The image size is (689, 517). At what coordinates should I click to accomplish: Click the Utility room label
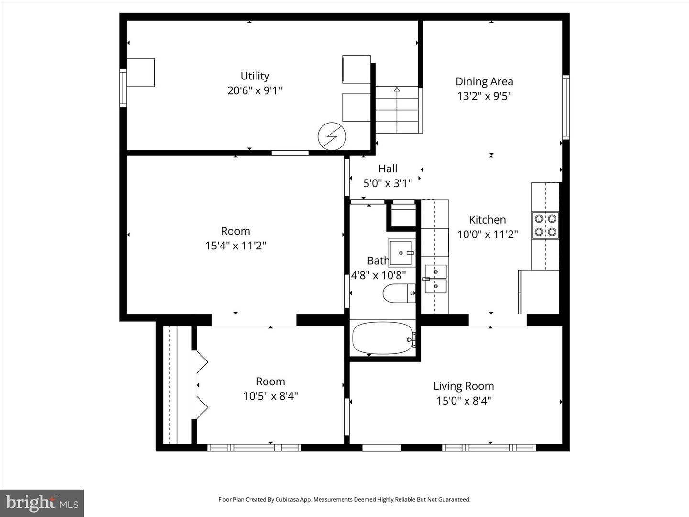(x=255, y=76)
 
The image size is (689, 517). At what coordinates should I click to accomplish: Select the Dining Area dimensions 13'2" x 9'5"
(x=484, y=96)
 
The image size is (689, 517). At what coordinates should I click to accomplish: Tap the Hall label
(x=388, y=169)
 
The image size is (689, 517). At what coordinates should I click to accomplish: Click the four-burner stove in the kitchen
(x=545, y=225)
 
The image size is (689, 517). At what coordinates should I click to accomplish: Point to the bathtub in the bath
(x=383, y=338)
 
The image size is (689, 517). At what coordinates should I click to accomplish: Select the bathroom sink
(x=401, y=252)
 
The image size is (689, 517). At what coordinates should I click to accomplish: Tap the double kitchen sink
(x=435, y=279)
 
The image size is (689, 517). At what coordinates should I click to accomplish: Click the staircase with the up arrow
(x=397, y=110)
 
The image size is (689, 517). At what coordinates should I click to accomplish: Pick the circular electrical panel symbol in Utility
(x=332, y=137)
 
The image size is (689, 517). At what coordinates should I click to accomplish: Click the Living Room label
(x=463, y=386)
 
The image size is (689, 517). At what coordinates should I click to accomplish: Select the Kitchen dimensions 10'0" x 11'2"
(x=487, y=234)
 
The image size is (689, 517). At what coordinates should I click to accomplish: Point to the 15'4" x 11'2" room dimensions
(x=235, y=246)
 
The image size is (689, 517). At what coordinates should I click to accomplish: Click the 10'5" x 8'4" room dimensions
(x=270, y=396)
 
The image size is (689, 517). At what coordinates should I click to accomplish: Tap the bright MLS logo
(x=42, y=503)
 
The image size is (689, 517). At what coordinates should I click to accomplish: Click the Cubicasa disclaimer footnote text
(x=344, y=499)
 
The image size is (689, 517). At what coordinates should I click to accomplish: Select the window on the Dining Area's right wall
(x=566, y=107)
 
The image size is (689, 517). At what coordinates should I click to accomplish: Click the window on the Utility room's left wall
(x=123, y=88)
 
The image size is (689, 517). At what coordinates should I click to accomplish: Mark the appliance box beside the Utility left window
(x=141, y=73)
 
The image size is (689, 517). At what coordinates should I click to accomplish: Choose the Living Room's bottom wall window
(x=489, y=448)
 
